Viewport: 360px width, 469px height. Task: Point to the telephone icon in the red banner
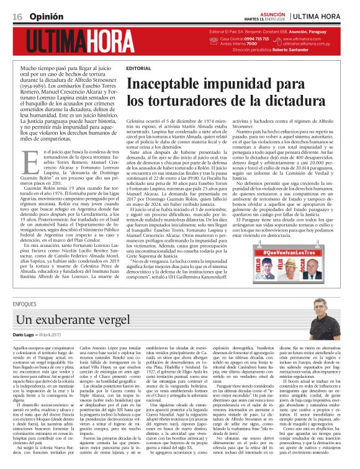point(215,38)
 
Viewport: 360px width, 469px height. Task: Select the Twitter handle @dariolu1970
point(50,335)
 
